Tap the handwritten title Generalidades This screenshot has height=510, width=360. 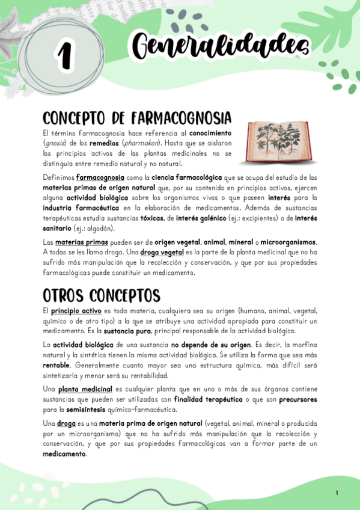click(219, 45)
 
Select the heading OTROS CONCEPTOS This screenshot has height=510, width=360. click(101, 295)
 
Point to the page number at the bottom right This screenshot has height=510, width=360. click(337, 493)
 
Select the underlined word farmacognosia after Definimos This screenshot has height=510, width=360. click(100, 177)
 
